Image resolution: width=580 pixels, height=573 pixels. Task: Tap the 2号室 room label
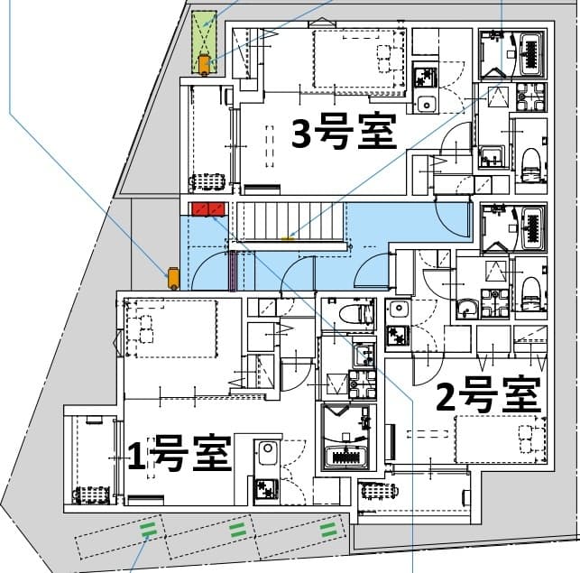[488, 395]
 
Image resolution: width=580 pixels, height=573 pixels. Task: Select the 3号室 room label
[345, 134]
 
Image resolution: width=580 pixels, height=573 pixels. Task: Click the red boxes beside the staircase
[207, 210]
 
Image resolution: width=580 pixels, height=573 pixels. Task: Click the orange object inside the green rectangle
[206, 63]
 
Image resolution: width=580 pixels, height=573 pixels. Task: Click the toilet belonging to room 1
[353, 314]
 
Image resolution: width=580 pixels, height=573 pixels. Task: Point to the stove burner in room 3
[424, 77]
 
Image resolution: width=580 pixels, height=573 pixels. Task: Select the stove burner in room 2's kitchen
[397, 336]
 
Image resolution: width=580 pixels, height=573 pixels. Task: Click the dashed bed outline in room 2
[500, 438]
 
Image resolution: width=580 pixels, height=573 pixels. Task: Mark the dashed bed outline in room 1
[171, 328]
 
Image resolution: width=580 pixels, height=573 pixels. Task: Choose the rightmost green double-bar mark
[330, 529]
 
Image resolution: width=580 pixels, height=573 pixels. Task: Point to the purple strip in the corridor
[234, 271]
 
